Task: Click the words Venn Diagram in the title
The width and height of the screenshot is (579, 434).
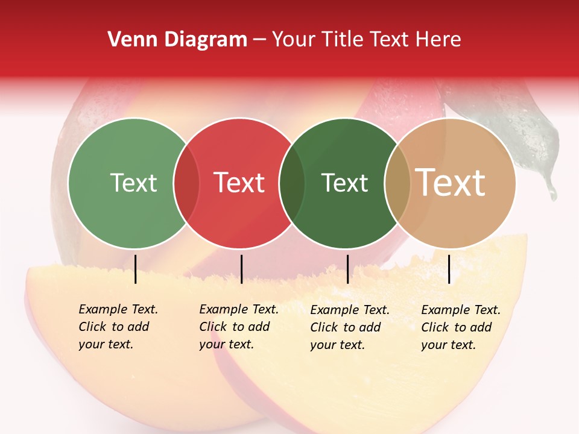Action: pyautogui.click(x=177, y=40)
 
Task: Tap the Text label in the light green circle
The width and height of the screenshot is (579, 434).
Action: pyautogui.click(x=133, y=183)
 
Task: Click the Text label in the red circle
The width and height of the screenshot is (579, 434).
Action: pyautogui.click(x=239, y=183)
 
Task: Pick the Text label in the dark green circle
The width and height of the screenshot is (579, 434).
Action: pyautogui.click(x=344, y=183)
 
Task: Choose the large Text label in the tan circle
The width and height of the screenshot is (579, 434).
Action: pyautogui.click(x=451, y=183)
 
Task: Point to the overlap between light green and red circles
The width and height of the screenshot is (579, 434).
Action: pyautogui.click(x=186, y=183)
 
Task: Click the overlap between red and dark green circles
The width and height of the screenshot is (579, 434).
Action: pyautogui.click(x=292, y=183)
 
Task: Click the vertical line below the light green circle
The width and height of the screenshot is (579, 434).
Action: pyautogui.click(x=135, y=269)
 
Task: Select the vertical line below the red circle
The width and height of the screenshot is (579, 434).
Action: pyautogui.click(x=241, y=269)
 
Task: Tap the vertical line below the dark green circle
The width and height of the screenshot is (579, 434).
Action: pyautogui.click(x=347, y=269)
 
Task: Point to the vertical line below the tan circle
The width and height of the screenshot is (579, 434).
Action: pyautogui.click(x=449, y=269)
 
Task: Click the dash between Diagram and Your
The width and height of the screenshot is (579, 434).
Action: pyautogui.click(x=259, y=40)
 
